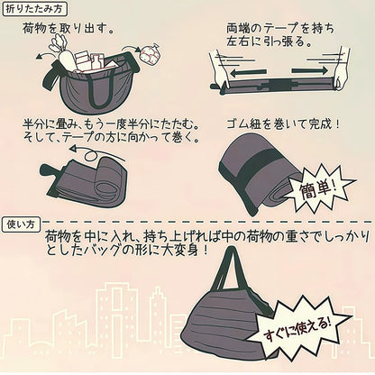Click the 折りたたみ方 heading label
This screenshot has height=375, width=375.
pyautogui.click(x=34, y=9)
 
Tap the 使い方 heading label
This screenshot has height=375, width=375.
pyautogui.click(x=21, y=225)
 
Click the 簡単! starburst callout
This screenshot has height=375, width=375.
pyautogui.click(x=319, y=189)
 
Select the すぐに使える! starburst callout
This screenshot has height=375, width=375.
pyautogui.click(x=297, y=328)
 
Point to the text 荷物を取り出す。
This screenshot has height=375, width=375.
pyautogui.click(x=69, y=29)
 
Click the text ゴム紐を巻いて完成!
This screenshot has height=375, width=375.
pyautogui.click(x=283, y=124)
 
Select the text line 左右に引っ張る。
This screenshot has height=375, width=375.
pyautogui.click(x=269, y=41)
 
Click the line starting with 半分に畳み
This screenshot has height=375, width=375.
pyautogui.click(x=111, y=123)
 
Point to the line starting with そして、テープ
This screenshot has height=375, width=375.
pyautogui.click(x=111, y=137)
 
